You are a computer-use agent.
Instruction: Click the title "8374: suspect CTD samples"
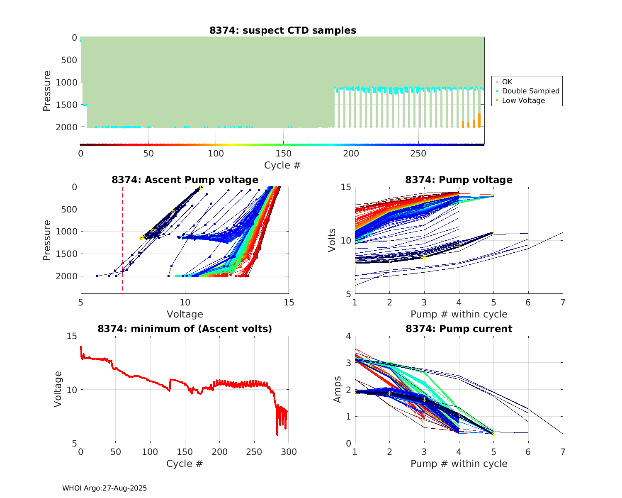[x=282, y=30]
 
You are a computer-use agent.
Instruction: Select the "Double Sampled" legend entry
[x=530, y=91]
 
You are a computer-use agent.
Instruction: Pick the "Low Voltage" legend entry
[x=523, y=100]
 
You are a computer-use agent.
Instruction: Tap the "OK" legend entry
[x=507, y=82]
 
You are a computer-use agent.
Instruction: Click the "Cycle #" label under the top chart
[x=282, y=165]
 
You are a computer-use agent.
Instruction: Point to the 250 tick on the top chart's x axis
[x=418, y=154]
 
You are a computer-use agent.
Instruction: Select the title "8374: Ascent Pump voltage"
[x=185, y=180]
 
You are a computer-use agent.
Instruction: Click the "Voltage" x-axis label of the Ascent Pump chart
[x=185, y=314]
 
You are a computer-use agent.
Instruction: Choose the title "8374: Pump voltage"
[x=459, y=180]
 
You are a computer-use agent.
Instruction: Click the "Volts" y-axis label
[x=332, y=240]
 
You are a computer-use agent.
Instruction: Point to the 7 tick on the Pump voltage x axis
[x=563, y=303]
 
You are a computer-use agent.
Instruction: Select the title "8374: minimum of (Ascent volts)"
[x=185, y=329]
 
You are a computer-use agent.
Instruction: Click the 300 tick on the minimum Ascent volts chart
[x=289, y=452]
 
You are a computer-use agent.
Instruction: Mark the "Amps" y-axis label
[x=338, y=389]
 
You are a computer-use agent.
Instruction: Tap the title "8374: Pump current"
[x=459, y=329]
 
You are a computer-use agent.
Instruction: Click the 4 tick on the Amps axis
[x=348, y=336]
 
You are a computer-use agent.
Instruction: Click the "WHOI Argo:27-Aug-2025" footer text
[x=104, y=488]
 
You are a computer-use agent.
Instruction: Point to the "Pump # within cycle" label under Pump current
[x=459, y=464]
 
